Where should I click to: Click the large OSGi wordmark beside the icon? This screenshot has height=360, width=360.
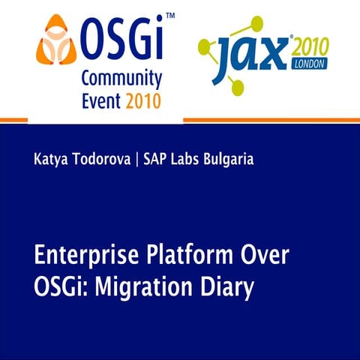pos(119,37)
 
